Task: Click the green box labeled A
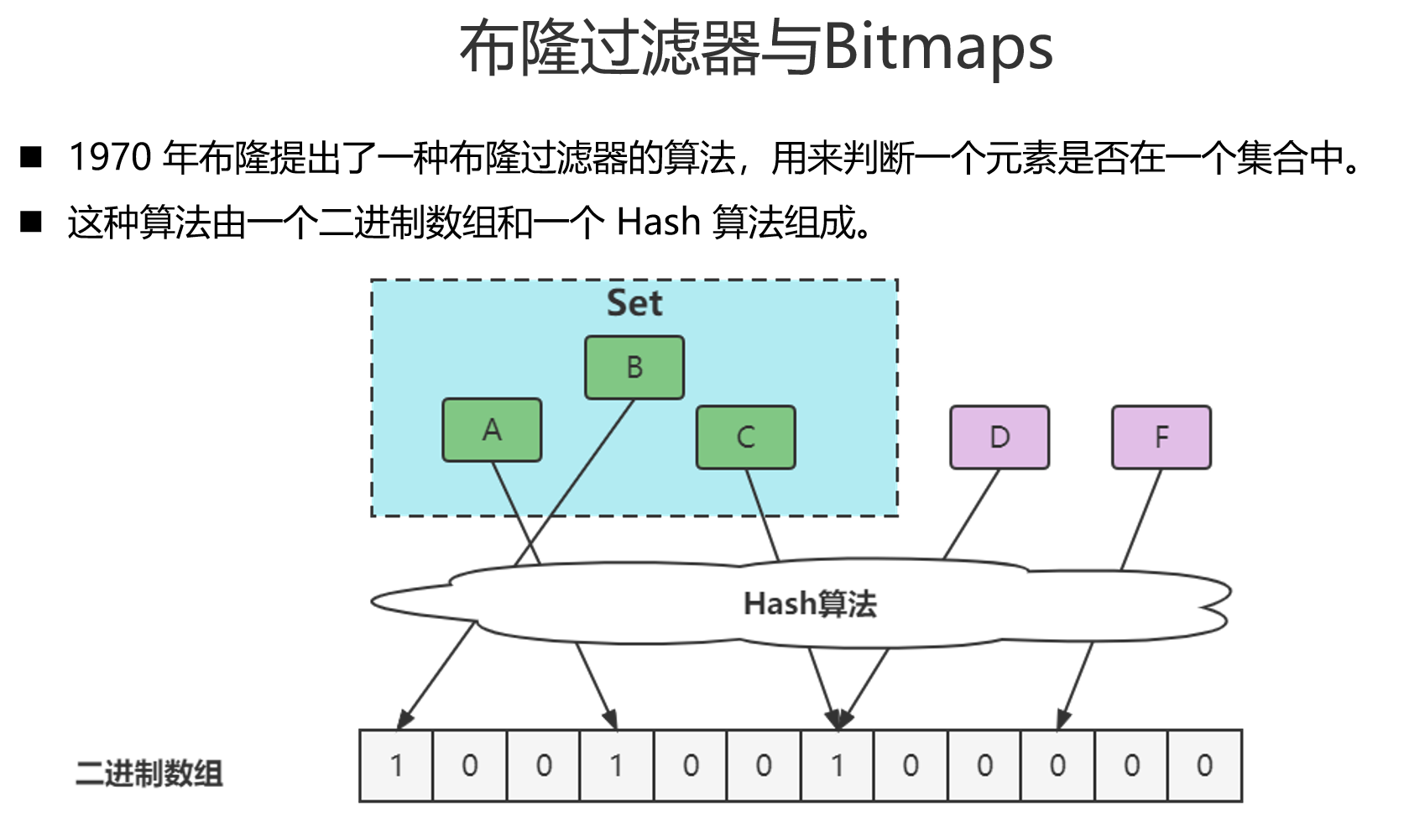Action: point(492,430)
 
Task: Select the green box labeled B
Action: point(634,367)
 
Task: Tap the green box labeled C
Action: point(745,437)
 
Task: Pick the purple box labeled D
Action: point(999,437)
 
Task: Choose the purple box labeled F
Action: point(1161,437)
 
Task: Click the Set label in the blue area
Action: point(634,303)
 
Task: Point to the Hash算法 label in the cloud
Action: point(810,604)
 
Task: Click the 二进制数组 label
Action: point(149,773)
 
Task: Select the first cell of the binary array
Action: point(396,765)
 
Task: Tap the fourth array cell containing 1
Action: point(617,765)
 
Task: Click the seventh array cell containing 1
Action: point(837,765)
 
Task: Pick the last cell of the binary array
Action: point(1204,765)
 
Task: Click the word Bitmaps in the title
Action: point(937,48)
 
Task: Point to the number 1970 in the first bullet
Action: point(110,157)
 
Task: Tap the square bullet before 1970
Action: point(31,157)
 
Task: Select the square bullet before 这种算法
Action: point(31,222)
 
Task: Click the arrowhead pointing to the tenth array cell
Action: point(1063,720)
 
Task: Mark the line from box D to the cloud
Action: point(971,514)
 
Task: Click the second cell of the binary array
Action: point(470,765)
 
